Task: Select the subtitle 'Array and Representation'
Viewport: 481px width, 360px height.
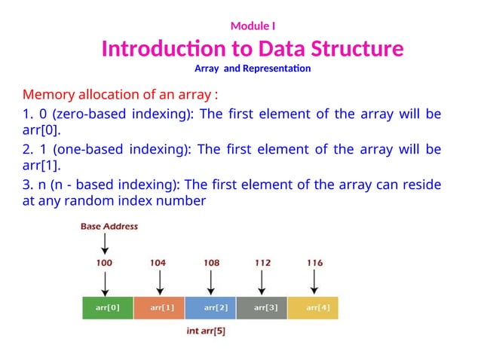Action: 253,69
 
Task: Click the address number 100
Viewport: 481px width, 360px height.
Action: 105,263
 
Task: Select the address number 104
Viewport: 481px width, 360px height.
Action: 158,263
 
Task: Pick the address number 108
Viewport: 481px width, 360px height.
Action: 212,263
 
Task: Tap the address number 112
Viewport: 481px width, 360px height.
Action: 262,263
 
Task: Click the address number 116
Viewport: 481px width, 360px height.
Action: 314,263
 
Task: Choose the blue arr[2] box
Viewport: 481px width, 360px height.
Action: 210,308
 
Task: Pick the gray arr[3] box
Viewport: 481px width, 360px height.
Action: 262,308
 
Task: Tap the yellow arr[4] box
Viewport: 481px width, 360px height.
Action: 313,308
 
